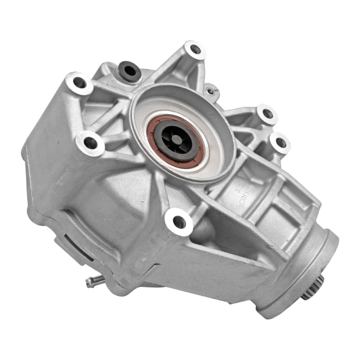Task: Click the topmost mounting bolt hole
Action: pyautogui.click(x=195, y=49)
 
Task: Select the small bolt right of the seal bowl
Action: pyautogui.click(x=210, y=91)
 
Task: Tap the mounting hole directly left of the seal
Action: pyautogui.click(x=90, y=143)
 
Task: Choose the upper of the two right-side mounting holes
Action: pyautogui.click(x=267, y=113)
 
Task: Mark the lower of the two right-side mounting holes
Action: pyautogui.click(x=280, y=143)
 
